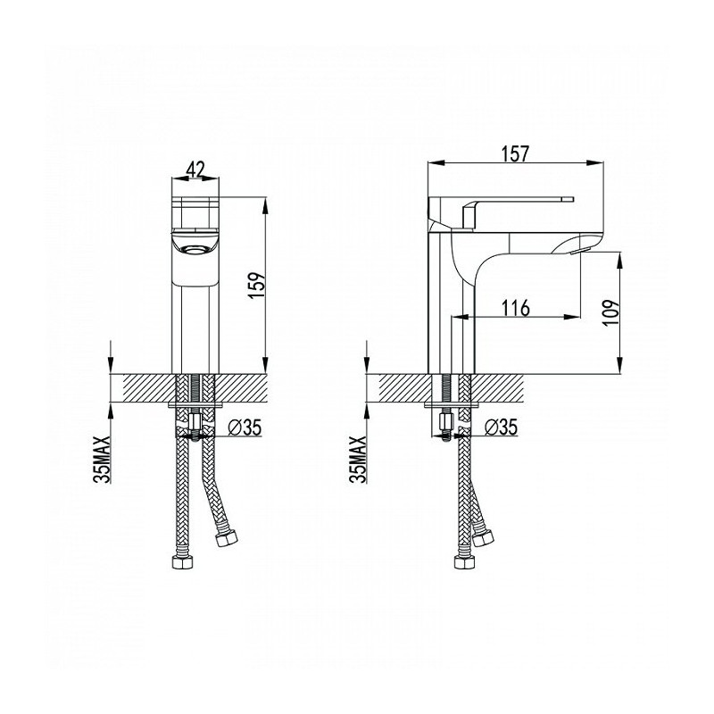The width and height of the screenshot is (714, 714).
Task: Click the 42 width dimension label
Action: [x=195, y=170]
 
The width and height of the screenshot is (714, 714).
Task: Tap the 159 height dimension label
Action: [x=256, y=285]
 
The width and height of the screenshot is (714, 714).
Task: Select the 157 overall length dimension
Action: [x=516, y=154]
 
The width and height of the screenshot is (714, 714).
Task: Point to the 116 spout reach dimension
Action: [x=516, y=308]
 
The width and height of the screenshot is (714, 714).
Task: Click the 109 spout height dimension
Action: [x=611, y=311]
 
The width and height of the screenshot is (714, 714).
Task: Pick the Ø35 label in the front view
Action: [x=245, y=428]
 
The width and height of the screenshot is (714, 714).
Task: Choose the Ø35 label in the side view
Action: [x=501, y=428]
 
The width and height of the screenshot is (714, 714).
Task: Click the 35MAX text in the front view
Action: [x=102, y=459]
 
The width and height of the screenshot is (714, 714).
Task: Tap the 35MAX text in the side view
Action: [x=358, y=459]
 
